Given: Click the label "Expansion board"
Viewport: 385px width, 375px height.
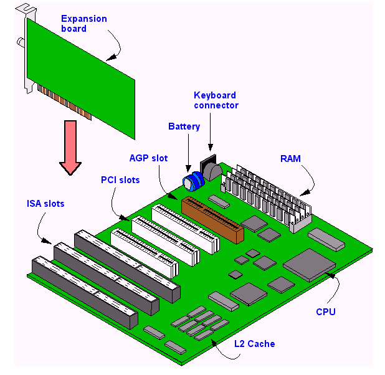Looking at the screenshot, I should [x=83, y=23].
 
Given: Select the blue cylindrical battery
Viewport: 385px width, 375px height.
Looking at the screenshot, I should [x=193, y=180].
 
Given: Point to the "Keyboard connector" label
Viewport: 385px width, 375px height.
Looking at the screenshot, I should [x=215, y=100].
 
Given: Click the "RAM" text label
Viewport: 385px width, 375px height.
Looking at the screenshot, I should [x=290, y=159].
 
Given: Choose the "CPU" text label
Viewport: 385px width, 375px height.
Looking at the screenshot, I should [x=325, y=311].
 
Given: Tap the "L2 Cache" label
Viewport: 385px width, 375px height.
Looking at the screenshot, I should [x=254, y=343].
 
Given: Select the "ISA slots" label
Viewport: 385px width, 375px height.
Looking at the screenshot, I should [x=45, y=204].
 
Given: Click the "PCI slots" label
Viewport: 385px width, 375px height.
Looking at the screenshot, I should [x=120, y=180].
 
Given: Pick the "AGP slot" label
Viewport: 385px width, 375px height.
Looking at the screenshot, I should [x=148, y=158].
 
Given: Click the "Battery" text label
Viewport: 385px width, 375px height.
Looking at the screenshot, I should [x=184, y=126].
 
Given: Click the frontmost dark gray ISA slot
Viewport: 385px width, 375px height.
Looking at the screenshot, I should [x=81, y=293].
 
